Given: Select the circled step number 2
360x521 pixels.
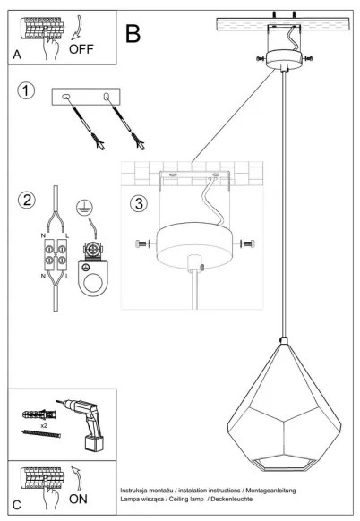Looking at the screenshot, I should pyautogui.click(x=28, y=199).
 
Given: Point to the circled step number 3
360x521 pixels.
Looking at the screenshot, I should pyautogui.click(x=137, y=203).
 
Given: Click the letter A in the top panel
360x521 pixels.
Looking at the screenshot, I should pyautogui.click(x=17, y=55).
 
